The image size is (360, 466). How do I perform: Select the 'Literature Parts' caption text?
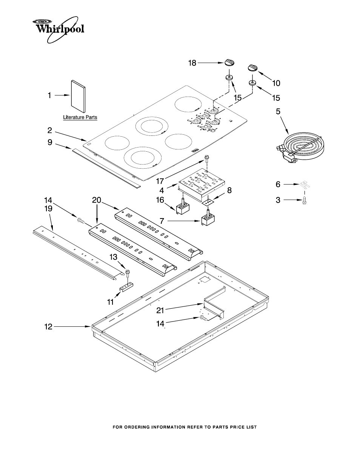click(80, 117)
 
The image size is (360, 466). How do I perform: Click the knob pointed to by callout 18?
click(229, 63)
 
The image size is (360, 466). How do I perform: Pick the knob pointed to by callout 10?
click(253, 68)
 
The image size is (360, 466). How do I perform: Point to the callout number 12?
click(48, 327)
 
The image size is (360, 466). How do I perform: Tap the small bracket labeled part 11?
click(126, 288)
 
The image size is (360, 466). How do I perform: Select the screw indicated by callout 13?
click(128, 271)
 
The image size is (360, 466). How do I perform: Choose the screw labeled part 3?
click(305, 201)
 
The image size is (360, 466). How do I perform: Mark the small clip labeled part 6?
click(305, 185)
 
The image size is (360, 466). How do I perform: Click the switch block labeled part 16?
click(183, 208)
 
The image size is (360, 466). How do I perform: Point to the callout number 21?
click(160, 311)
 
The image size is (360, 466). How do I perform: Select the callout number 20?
click(97, 200)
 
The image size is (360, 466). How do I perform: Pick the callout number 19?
click(48, 208)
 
